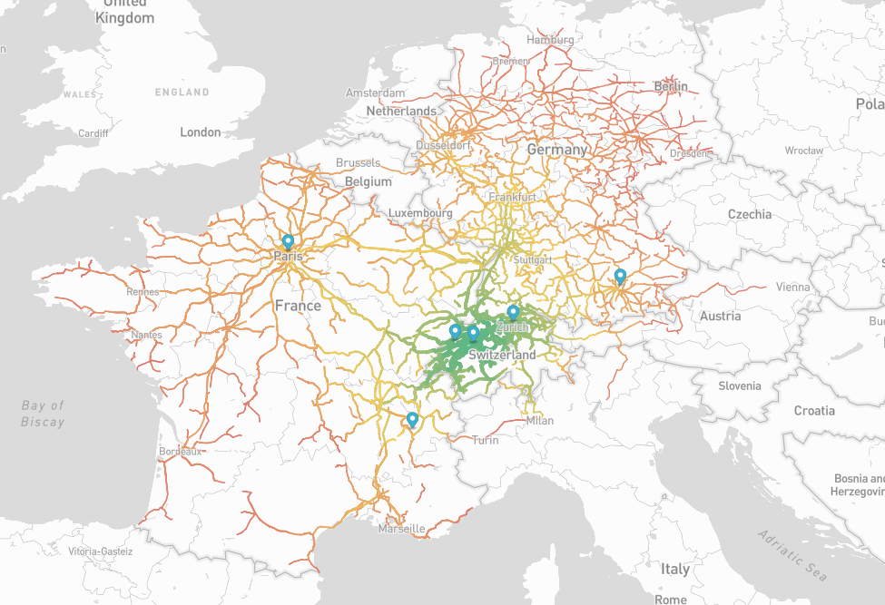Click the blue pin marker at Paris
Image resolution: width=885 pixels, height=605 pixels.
pyautogui.click(x=288, y=242)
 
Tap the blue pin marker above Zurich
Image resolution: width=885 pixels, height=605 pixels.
pyautogui.click(x=513, y=313)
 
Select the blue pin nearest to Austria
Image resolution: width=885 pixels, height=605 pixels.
pyautogui.click(x=620, y=277)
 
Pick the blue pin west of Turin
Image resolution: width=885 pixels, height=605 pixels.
pyautogui.click(x=412, y=420)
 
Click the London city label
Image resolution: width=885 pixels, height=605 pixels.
pyautogui.click(x=200, y=132)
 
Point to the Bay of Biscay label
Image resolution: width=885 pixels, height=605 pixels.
pyautogui.click(x=44, y=414)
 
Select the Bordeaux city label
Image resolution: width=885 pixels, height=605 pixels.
pyautogui.click(x=179, y=451)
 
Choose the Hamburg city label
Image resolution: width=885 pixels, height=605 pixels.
pyautogui.click(x=550, y=40)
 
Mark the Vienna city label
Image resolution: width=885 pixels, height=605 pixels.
pyautogui.click(x=792, y=287)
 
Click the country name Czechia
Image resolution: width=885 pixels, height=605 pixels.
pyautogui.click(x=750, y=214)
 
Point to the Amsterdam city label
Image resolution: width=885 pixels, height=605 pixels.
pyautogui.click(x=375, y=93)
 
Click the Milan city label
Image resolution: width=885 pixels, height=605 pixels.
pyautogui.click(x=539, y=420)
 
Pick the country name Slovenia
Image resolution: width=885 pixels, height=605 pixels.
pyautogui.click(x=739, y=385)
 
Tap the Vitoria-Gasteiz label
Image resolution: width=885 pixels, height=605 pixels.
pyautogui.click(x=100, y=551)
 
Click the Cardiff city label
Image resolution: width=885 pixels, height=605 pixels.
pyautogui.click(x=93, y=132)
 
